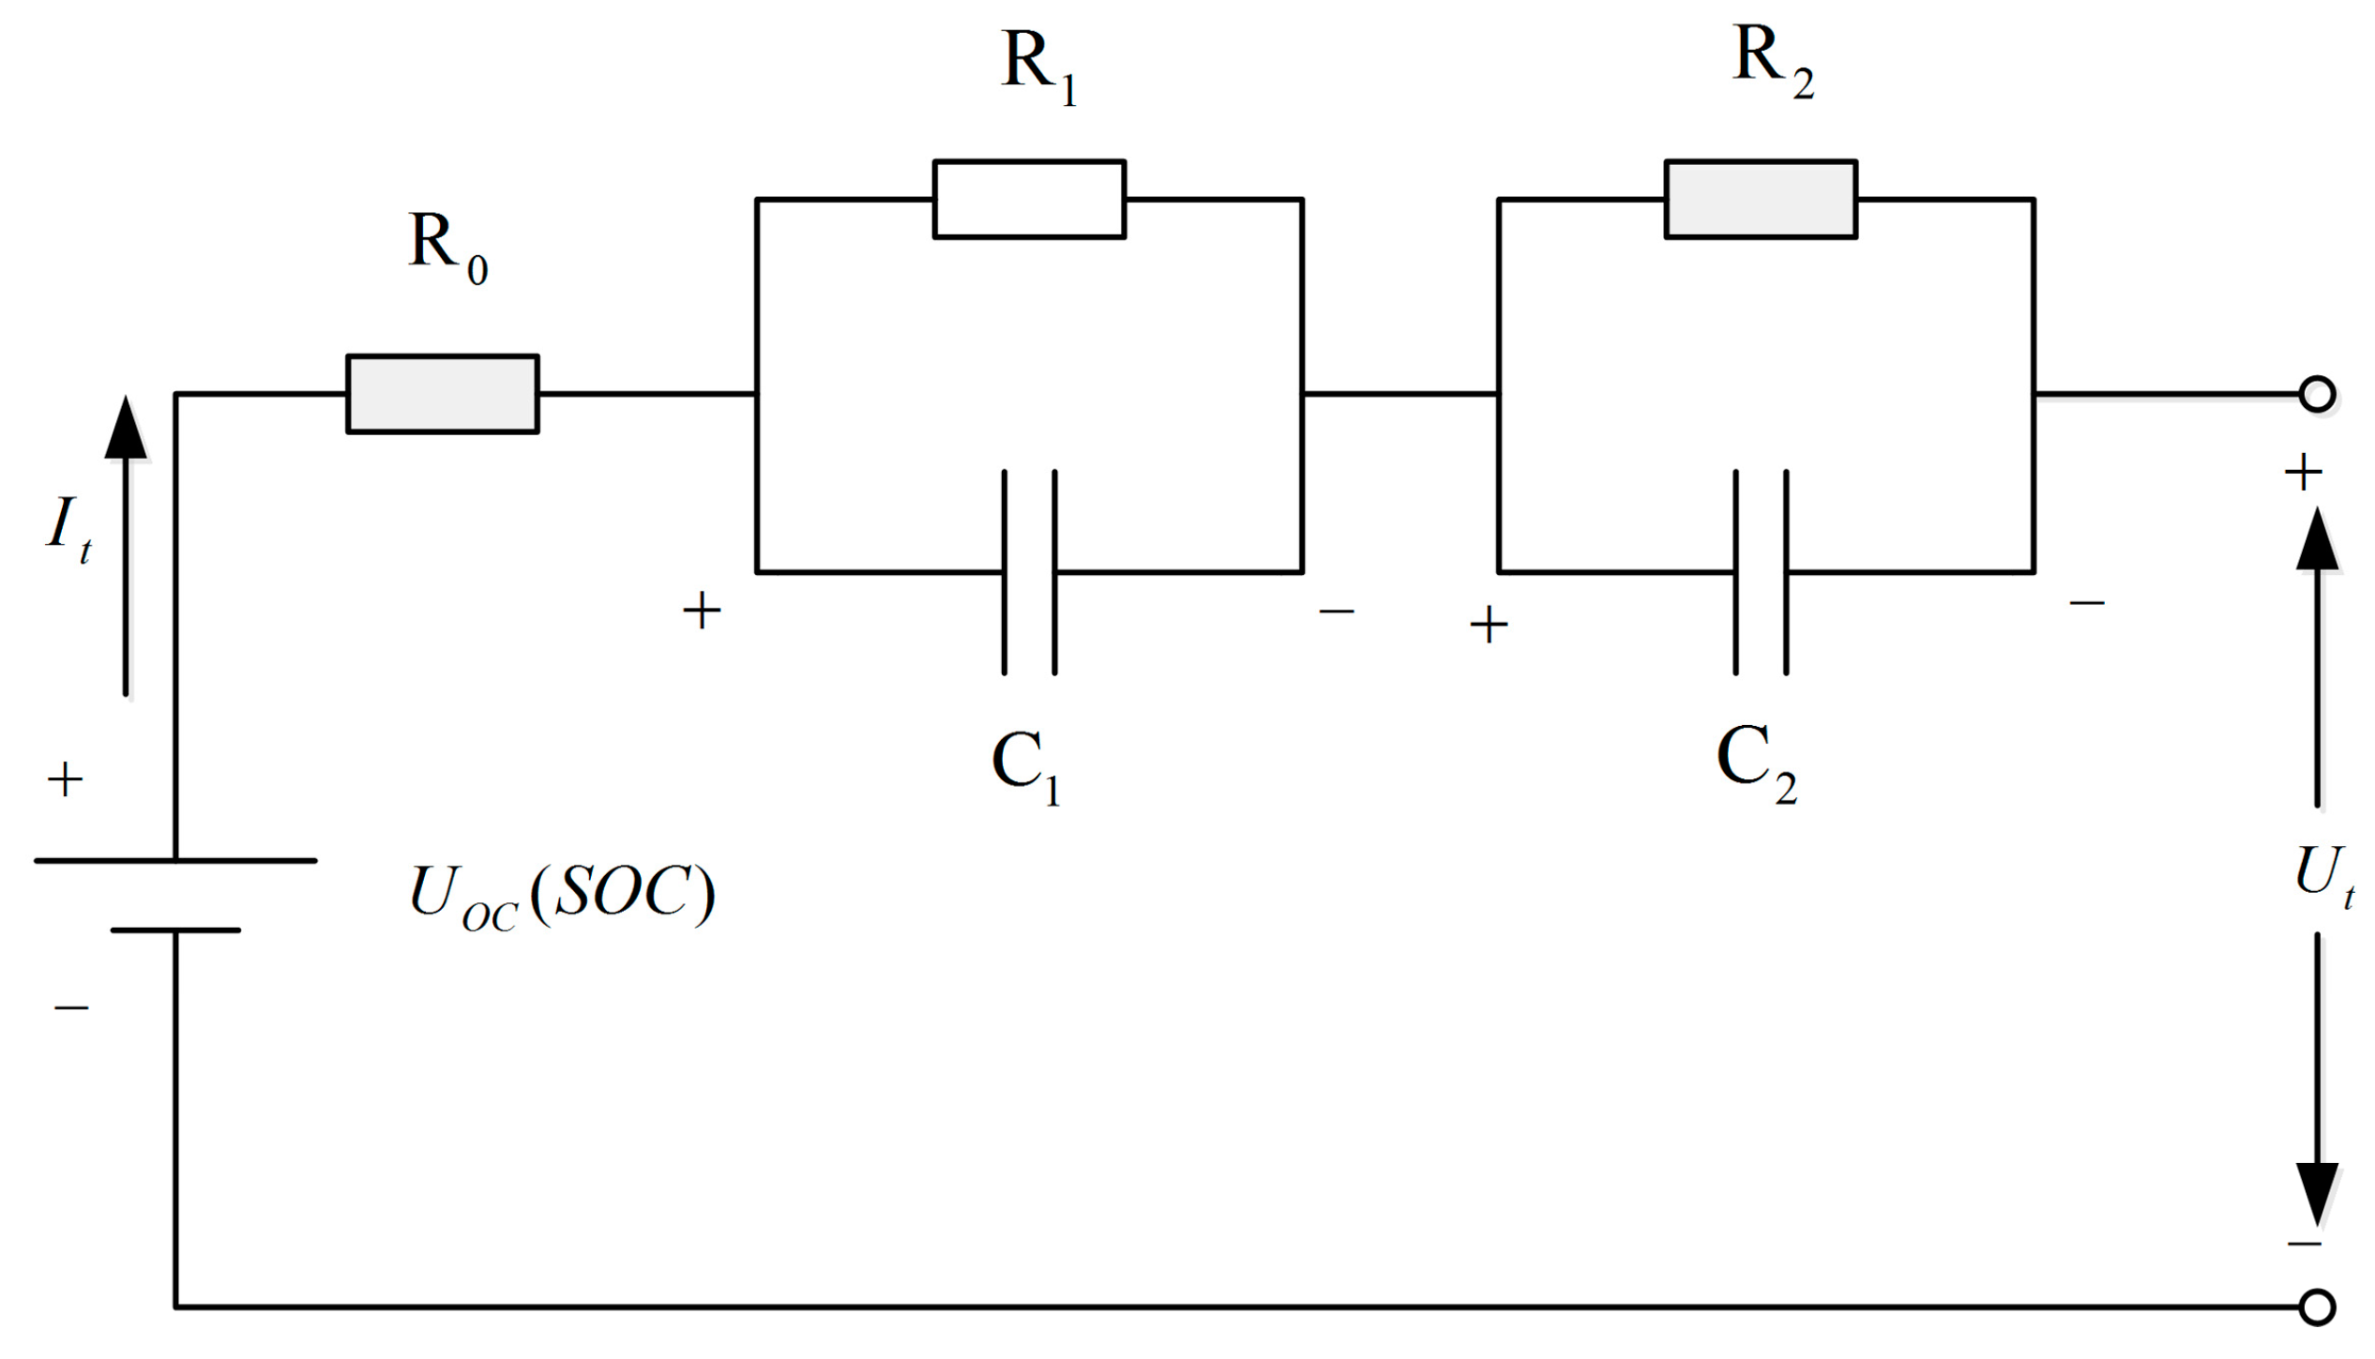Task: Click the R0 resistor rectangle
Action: click(x=442, y=394)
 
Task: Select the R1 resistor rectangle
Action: click(x=1029, y=199)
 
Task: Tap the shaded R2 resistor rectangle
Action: click(x=1760, y=199)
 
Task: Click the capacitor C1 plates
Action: click(x=1029, y=572)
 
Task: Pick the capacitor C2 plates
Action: click(x=1760, y=572)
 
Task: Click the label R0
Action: click(x=447, y=245)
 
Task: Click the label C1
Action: click(x=1025, y=764)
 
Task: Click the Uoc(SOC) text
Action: click(x=561, y=895)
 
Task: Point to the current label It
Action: click(x=68, y=527)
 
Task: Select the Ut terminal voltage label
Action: click(x=2322, y=874)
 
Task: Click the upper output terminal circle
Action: click(x=2317, y=394)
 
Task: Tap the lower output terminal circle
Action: click(x=2317, y=1306)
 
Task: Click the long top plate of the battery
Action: click(x=175, y=860)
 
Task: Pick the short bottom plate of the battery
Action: click(x=175, y=930)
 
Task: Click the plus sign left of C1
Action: click(x=702, y=612)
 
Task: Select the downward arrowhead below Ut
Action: click(x=2317, y=1192)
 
